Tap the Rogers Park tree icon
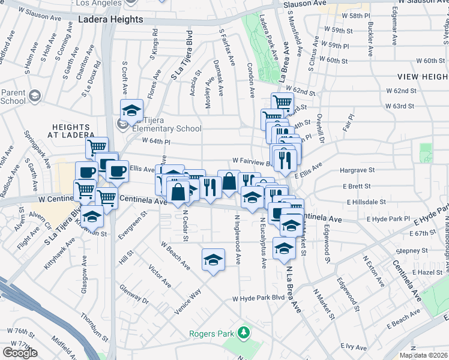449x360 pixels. click(x=243, y=332)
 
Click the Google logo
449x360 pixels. click(x=20, y=353)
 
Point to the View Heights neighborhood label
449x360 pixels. click(x=423, y=77)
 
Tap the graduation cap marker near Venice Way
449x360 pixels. click(x=213, y=260)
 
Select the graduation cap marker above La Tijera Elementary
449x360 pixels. click(x=131, y=110)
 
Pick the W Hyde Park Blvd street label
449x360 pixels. click(x=259, y=298)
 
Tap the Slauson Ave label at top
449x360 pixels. click(x=306, y=4)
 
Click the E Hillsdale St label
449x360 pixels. click(x=365, y=202)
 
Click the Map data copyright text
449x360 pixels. click(x=424, y=355)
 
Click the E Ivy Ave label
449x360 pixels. click(x=352, y=347)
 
